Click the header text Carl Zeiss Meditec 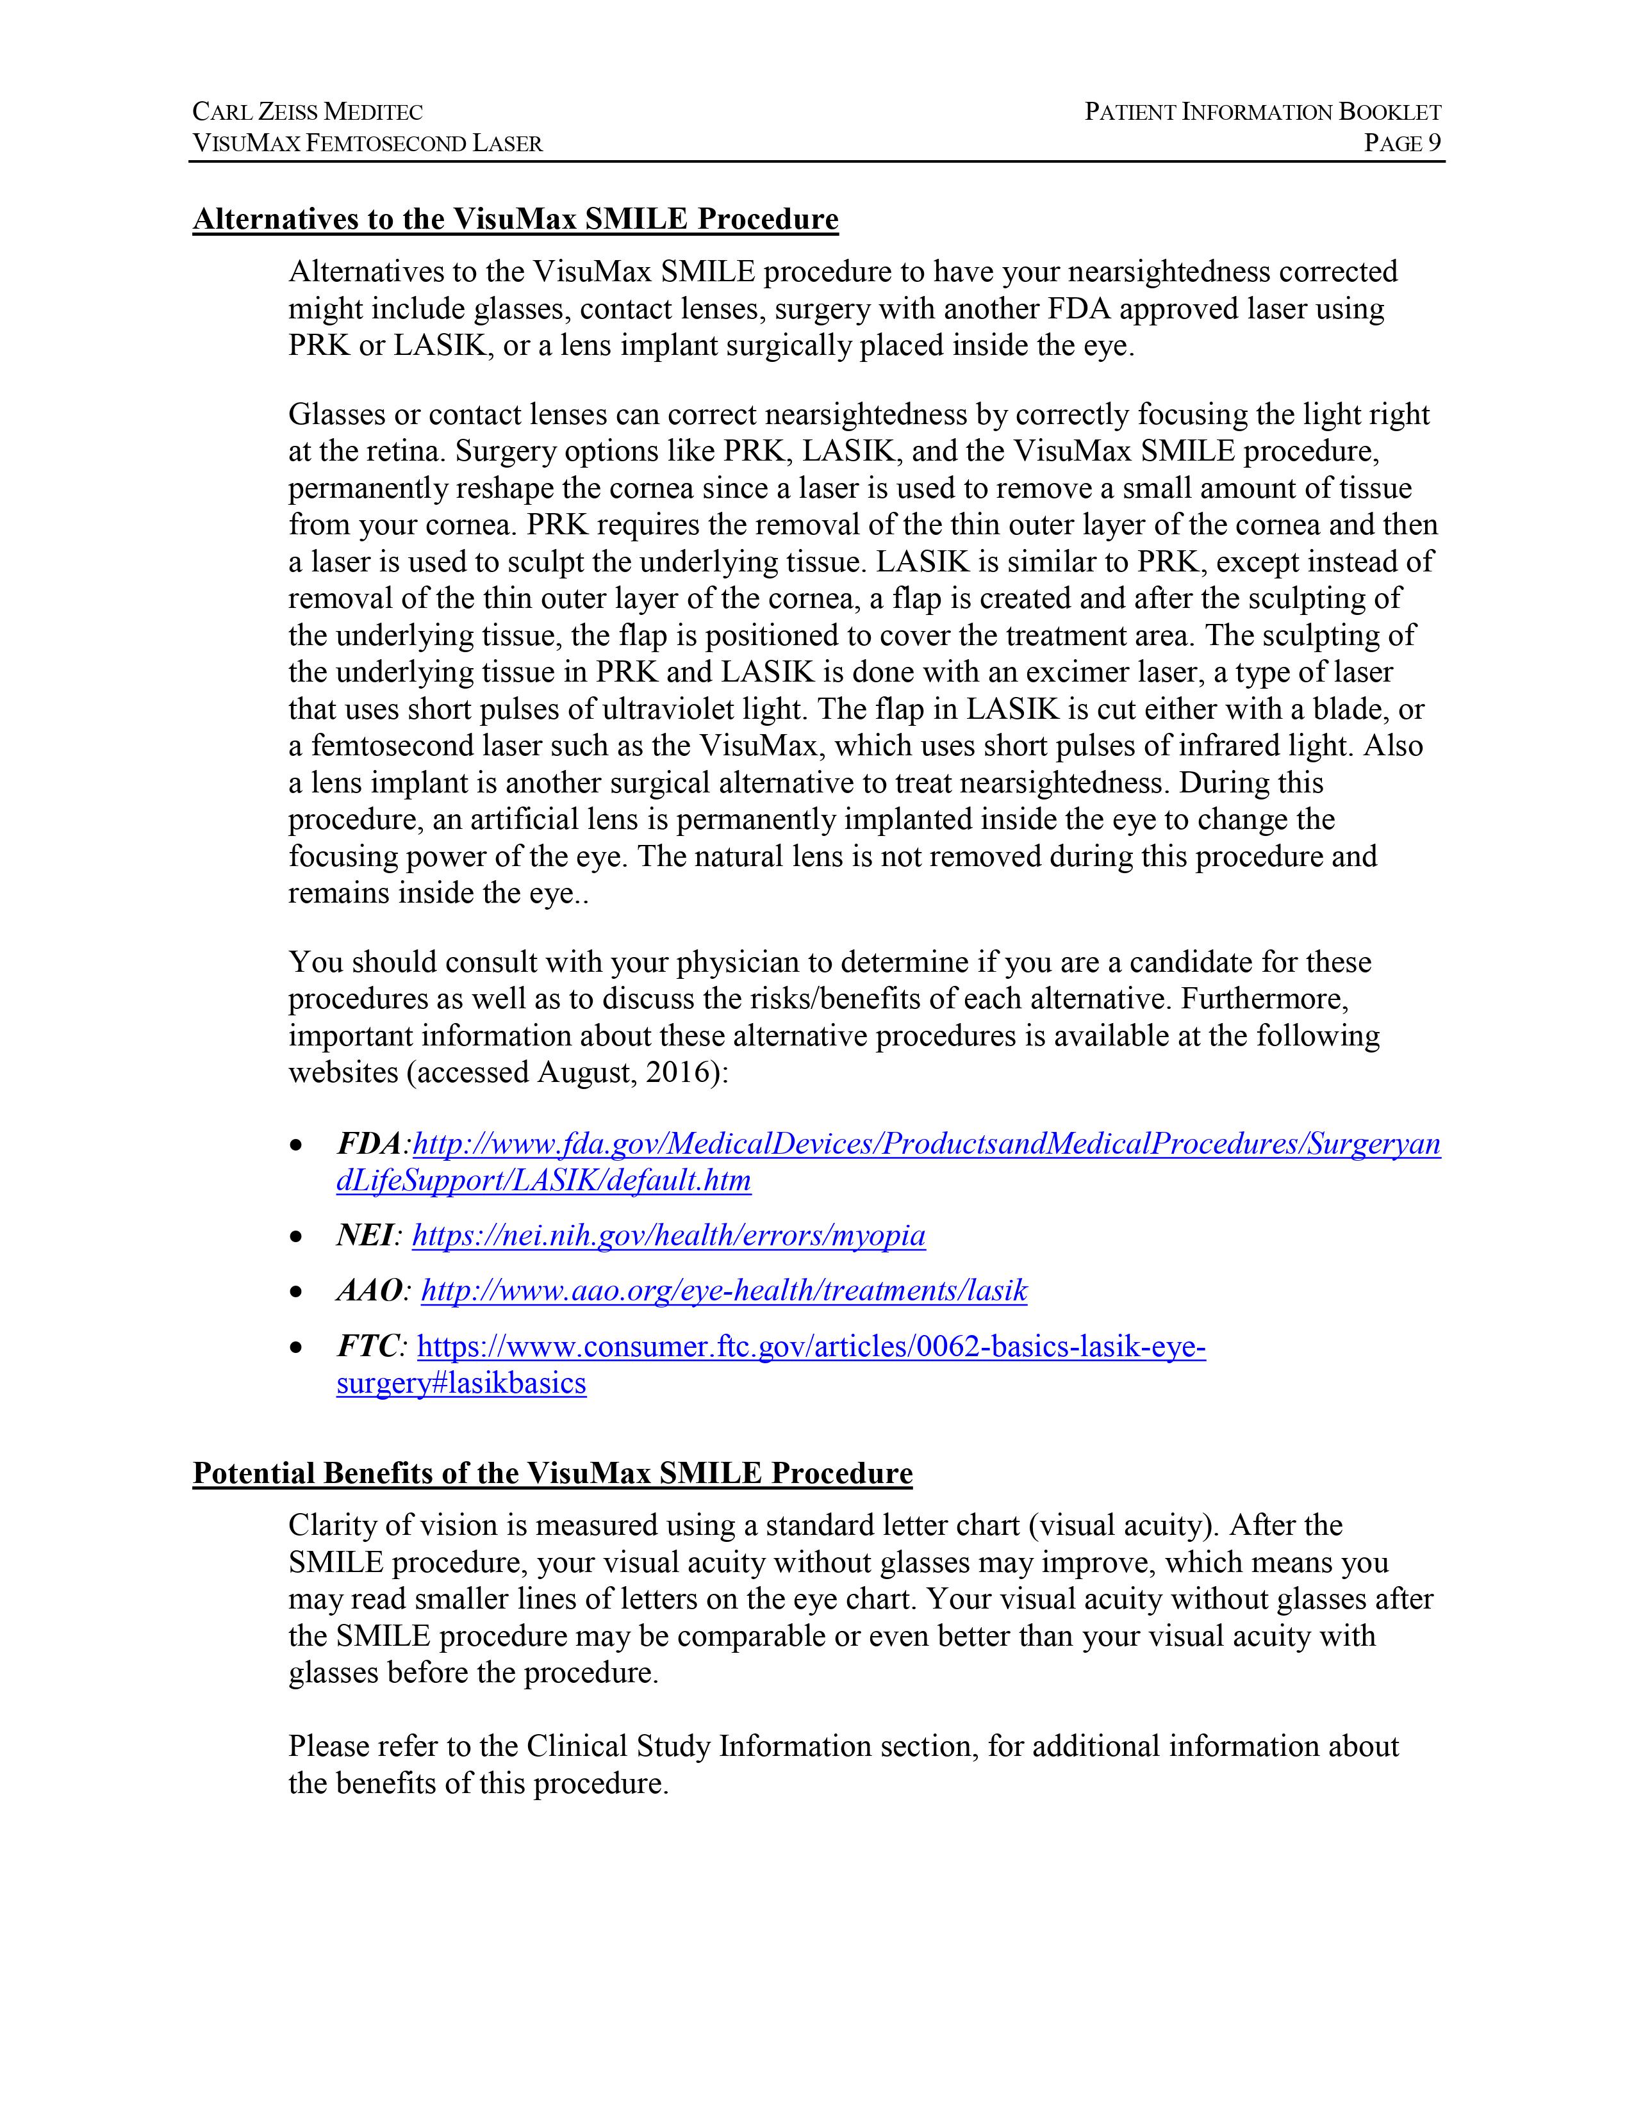pos(308,112)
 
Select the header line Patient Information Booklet pos(1262,112)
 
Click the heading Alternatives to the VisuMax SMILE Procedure pos(515,220)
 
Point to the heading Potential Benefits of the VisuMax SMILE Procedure pos(552,1473)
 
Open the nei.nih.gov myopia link pos(668,1236)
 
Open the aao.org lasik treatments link pos(723,1291)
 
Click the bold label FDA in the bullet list pos(368,1144)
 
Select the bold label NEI pos(365,1236)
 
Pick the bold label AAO pos(369,1291)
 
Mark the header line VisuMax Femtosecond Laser pos(367,143)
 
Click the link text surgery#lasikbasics pos(461,1383)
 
